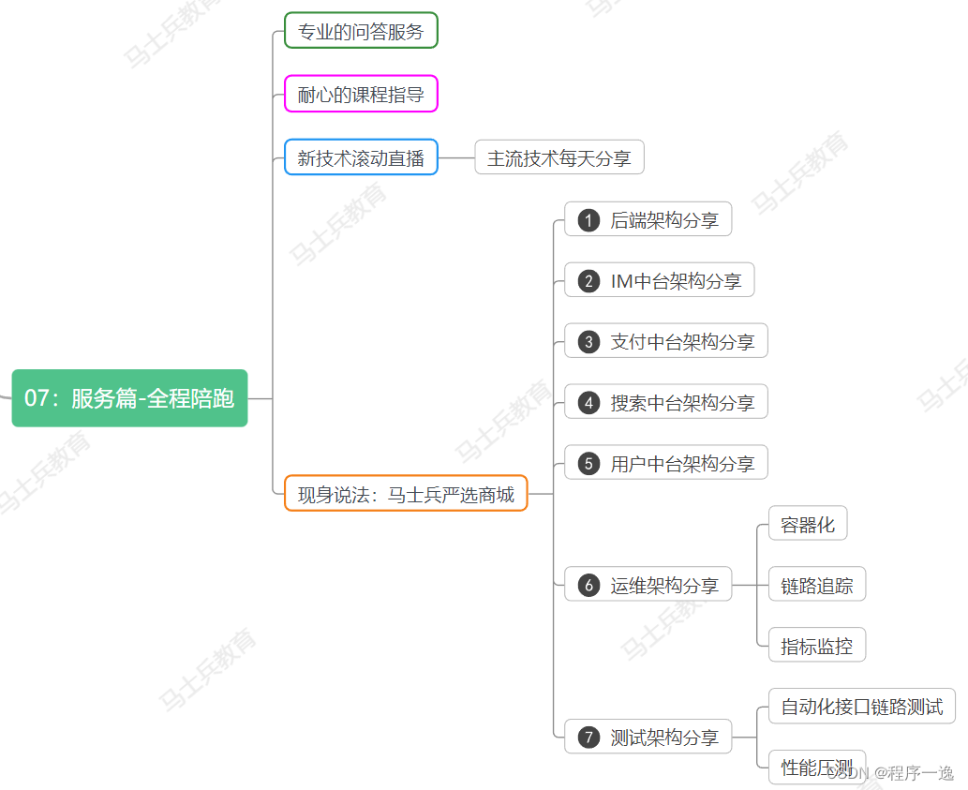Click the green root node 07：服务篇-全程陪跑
click(x=129, y=398)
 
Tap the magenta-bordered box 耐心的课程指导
click(x=361, y=95)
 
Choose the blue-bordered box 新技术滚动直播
click(x=361, y=158)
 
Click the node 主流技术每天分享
click(x=559, y=158)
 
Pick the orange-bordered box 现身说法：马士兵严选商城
click(x=406, y=494)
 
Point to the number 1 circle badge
click(x=588, y=220)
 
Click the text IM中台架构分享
click(x=675, y=281)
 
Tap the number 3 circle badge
click(x=588, y=342)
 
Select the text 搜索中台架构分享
click(x=682, y=403)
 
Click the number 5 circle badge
click(x=588, y=464)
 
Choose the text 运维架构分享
click(x=664, y=586)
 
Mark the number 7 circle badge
click(x=588, y=738)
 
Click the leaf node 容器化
click(x=807, y=525)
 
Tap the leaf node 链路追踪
click(x=816, y=586)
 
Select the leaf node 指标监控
click(x=816, y=646)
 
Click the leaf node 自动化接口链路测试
click(x=861, y=707)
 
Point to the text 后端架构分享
click(x=664, y=220)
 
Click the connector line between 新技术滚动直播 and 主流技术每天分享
click(x=456, y=158)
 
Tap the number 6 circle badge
click(x=588, y=586)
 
